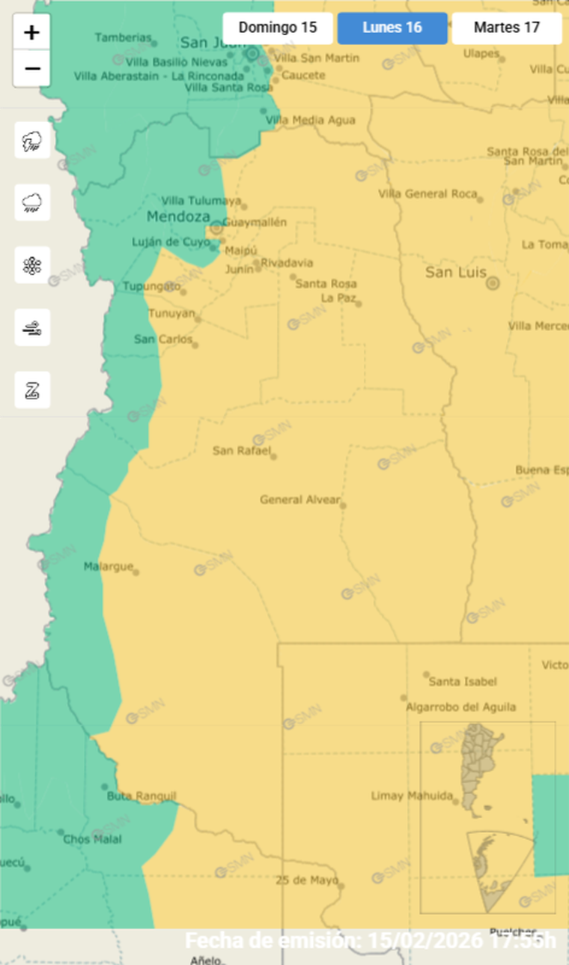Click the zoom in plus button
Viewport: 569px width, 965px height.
tap(31, 33)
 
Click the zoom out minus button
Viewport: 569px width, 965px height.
tap(31, 69)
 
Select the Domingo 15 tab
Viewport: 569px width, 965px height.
tap(278, 28)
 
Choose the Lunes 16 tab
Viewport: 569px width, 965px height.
tap(392, 28)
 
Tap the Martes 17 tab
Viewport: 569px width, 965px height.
tap(507, 28)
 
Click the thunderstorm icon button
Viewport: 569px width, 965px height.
tap(32, 141)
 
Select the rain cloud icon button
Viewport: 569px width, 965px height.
tap(32, 202)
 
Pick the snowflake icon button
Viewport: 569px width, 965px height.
tap(32, 265)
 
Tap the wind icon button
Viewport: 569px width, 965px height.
tap(32, 327)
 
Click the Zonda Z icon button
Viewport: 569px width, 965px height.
tap(32, 390)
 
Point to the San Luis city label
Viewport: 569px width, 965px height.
tap(456, 273)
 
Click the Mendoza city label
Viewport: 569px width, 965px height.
tap(178, 217)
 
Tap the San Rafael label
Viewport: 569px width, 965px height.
tap(241, 450)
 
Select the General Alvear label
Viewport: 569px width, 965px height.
tap(299, 500)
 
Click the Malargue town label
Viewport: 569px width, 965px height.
tap(108, 566)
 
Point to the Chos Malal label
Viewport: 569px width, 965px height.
tap(92, 839)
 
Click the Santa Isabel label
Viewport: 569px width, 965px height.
tap(462, 682)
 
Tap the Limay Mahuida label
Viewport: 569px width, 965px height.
tap(412, 796)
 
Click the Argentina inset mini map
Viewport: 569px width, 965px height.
tap(487, 817)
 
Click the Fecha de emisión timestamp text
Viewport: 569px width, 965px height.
tap(371, 940)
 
